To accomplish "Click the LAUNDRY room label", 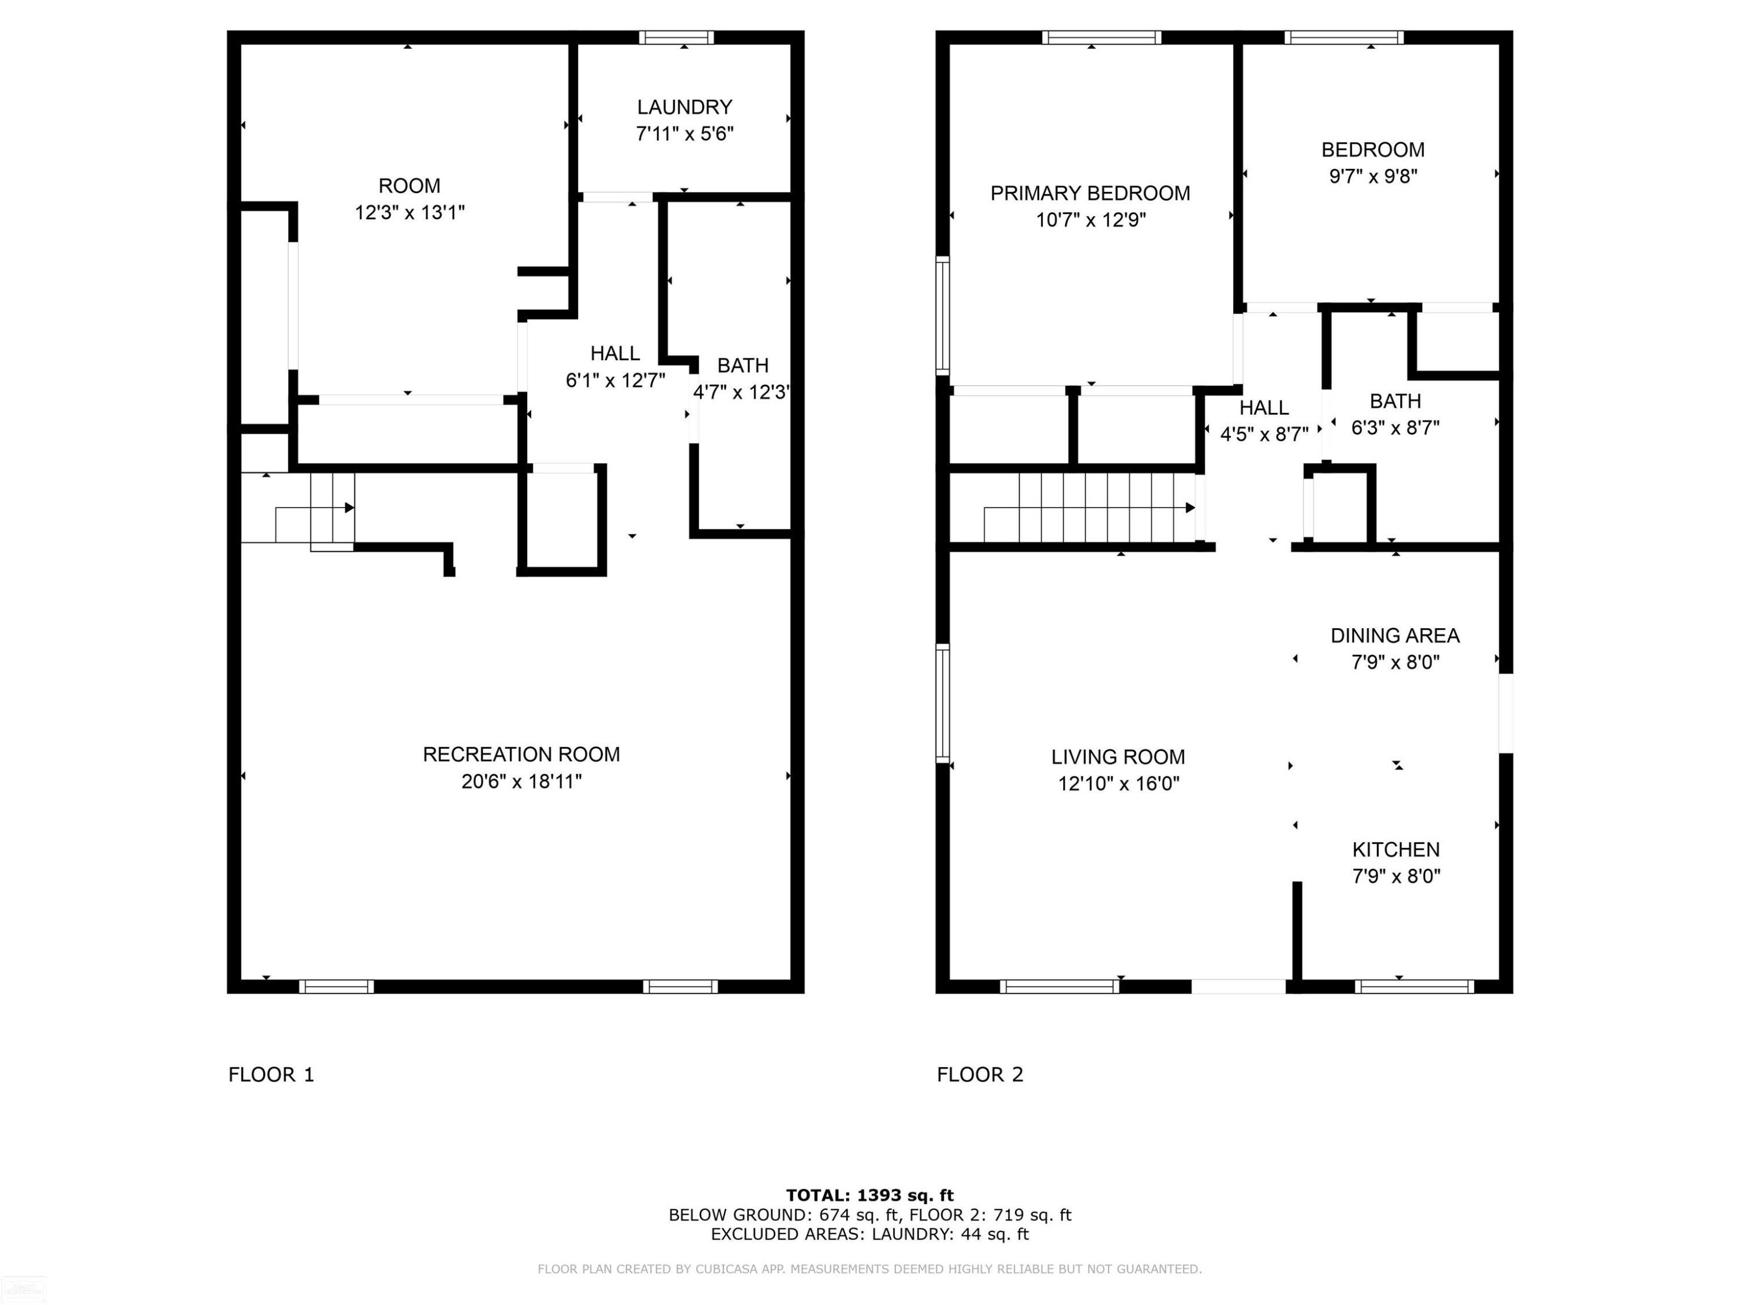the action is pyautogui.click(x=684, y=107).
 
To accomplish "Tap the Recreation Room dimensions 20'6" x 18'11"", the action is pyautogui.click(x=521, y=781).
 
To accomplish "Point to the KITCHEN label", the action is pyautogui.click(x=1395, y=850).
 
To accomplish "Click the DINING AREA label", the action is pyautogui.click(x=1395, y=636).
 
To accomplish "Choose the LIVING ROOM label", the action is pyautogui.click(x=1118, y=757).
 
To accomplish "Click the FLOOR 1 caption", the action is pyautogui.click(x=271, y=1075).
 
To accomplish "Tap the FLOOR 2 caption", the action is pyautogui.click(x=980, y=1075).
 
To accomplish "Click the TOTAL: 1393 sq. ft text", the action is pyautogui.click(x=870, y=1195).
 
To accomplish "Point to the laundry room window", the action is pyautogui.click(x=676, y=37).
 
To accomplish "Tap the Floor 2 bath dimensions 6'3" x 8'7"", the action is pyautogui.click(x=1395, y=428).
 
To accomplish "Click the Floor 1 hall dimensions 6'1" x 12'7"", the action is pyautogui.click(x=615, y=380).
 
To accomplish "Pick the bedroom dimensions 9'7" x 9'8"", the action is pyautogui.click(x=1373, y=176).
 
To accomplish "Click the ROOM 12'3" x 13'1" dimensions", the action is pyautogui.click(x=409, y=212).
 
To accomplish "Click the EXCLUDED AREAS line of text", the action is pyautogui.click(x=870, y=1234).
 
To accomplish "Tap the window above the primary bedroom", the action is pyautogui.click(x=1102, y=37).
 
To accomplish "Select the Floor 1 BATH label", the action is pyautogui.click(x=742, y=366).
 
